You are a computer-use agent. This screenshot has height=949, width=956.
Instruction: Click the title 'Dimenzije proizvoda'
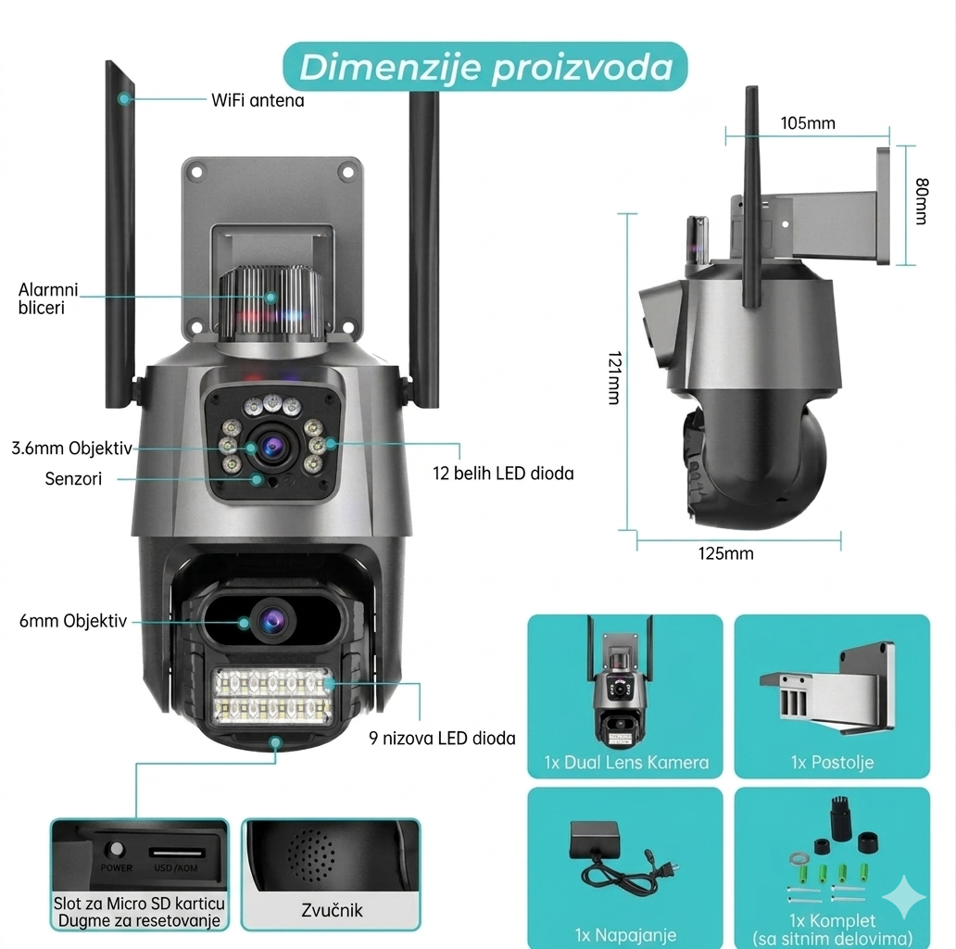(486, 67)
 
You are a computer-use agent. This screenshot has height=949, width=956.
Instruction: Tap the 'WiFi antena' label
(258, 101)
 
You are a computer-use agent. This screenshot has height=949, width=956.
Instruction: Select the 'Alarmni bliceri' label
(48, 298)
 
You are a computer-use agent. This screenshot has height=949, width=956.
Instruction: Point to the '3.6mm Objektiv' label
(71, 449)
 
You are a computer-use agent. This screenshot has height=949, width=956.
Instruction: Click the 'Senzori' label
(73, 479)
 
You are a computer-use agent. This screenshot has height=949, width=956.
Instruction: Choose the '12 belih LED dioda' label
(503, 474)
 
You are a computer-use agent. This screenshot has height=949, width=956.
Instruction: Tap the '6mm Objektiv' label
(73, 621)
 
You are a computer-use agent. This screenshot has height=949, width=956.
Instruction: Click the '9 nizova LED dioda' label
(442, 738)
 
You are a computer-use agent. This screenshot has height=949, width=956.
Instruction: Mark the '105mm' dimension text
(808, 123)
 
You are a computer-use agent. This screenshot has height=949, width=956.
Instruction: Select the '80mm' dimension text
(922, 201)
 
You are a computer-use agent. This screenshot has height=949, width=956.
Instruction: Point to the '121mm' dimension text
(614, 377)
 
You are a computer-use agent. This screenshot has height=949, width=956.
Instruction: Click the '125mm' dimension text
(725, 553)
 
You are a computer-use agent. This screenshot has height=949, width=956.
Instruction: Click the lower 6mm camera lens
(272, 621)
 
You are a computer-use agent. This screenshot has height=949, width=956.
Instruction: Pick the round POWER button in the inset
(115, 848)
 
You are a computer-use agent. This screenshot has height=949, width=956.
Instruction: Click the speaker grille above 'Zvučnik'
(311, 854)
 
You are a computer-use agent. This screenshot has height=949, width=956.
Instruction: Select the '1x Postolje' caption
(832, 762)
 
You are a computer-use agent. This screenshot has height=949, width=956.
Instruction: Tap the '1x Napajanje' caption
(625, 935)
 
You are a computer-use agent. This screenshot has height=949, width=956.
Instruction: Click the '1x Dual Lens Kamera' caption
(626, 763)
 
